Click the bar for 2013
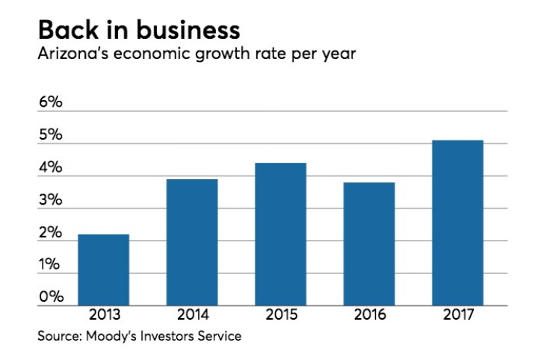[103, 270]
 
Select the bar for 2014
[192, 242]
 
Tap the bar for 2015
[280, 234]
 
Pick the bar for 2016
[369, 244]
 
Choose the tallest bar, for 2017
[457, 223]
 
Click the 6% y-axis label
[50, 102]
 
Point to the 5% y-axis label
[50, 134]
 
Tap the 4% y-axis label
[50, 167]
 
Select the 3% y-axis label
[50, 199]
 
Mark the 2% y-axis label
[50, 232]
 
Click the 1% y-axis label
[49, 264]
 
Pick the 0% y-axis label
[51, 297]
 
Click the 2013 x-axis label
[105, 314]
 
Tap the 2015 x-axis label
[282, 314]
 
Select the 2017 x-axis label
[459, 314]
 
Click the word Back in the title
[69, 30]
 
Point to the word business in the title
[188, 30]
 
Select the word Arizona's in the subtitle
[73, 54]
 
